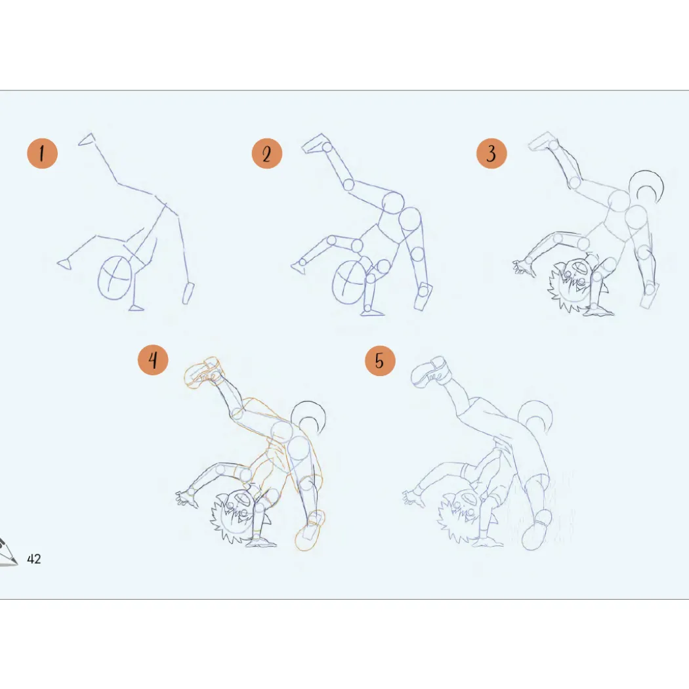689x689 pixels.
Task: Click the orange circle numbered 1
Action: point(42,154)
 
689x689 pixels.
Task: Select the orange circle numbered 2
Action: point(266,154)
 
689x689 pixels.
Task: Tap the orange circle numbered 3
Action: point(491,154)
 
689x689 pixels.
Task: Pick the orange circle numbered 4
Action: point(153,360)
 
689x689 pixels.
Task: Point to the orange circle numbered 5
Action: point(380,361)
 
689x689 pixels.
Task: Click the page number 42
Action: point(34,559)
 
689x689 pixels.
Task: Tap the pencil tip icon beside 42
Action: point(8,553)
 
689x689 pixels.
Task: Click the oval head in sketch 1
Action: point(115,278)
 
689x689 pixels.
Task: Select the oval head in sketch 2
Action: point(349,282)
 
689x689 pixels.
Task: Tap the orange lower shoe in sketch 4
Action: point(310,531)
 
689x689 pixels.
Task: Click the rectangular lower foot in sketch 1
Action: point(188,293)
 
